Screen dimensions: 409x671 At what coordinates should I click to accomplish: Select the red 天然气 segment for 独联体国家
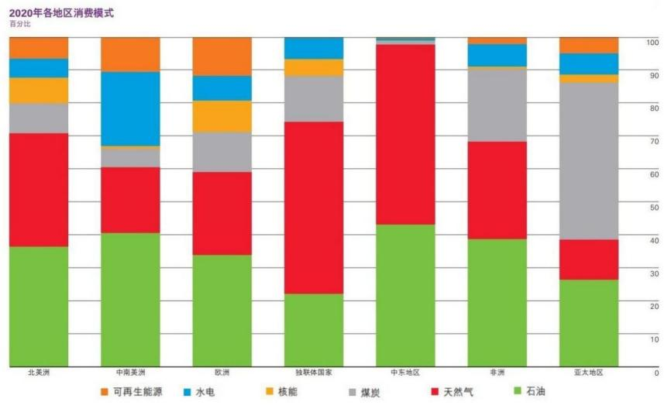tap(314, 208)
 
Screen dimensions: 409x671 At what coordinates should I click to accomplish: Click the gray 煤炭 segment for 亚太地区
tap(589, 160)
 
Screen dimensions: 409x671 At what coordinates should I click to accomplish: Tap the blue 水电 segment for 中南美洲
tap(130, 108)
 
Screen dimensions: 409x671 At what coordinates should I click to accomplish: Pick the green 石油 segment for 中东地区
tap(405, 295)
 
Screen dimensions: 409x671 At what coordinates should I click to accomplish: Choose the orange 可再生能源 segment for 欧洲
tap(222, 57)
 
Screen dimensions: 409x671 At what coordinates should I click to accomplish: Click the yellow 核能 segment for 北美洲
tap(39, 91)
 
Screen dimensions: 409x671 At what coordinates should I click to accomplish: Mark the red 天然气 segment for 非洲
tap(497, 190)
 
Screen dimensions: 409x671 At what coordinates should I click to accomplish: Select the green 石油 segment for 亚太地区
tap(589, 322)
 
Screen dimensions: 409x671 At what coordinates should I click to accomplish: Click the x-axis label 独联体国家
tap(314, 373)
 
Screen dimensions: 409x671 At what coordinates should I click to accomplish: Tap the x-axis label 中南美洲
tap(130, 373)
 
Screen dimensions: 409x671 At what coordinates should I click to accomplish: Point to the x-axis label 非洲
tap(497, 373)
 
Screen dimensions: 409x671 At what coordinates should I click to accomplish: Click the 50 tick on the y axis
tap(655, 208)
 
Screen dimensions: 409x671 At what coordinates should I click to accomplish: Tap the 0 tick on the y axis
tap(656, 373)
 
